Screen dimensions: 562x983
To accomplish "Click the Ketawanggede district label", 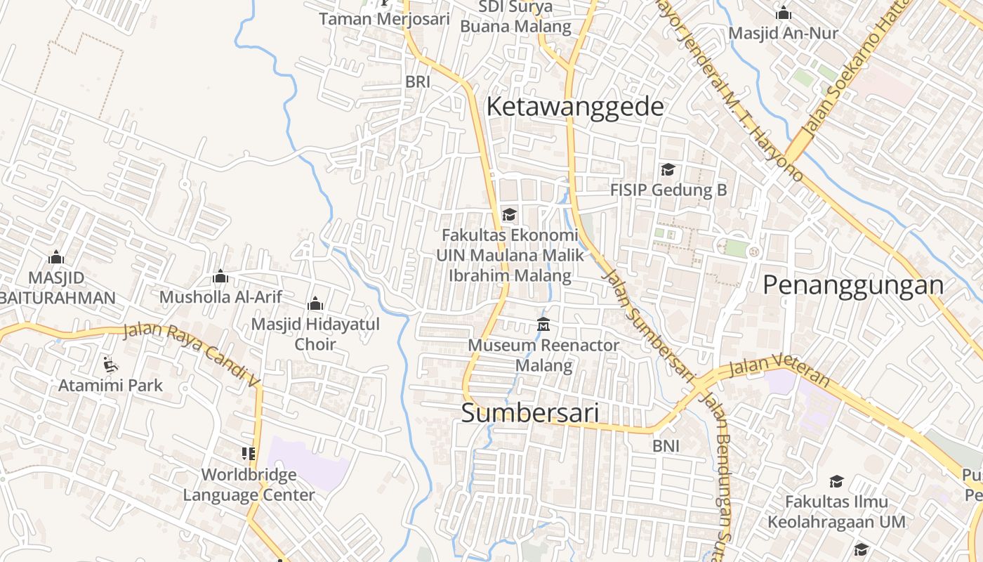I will [x=574, y=107].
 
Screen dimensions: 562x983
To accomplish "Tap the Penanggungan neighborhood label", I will [x=853, y=285].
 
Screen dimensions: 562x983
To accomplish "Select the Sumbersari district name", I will [x=530, y=413].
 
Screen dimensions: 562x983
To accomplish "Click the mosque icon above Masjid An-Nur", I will [x=783, y=13].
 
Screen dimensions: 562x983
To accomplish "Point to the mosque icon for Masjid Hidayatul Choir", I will [x=315, y=304].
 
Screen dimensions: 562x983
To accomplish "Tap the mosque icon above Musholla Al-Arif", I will [x=220, y=277].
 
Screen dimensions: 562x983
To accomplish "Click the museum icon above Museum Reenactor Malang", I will [x=543, y=325].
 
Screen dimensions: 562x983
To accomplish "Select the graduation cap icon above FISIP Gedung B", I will [x=668, y=170].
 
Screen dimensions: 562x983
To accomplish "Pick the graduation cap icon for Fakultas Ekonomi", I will [x=509, y=215].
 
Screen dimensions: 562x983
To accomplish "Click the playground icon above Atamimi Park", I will [x=110, y=364].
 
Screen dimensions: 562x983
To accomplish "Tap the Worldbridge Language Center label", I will [x=249, y=485].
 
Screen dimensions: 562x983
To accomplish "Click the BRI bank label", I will [x=417, y=82].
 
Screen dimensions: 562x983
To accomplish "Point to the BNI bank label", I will [x=666, y=446].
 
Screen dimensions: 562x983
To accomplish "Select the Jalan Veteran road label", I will [x=779, y=371].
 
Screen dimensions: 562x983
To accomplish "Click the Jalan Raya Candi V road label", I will [x=192, y=353].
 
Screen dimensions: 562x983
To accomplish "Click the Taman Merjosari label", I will [x=384, y=19].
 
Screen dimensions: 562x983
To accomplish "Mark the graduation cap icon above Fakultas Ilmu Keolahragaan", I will [x=836, y=481].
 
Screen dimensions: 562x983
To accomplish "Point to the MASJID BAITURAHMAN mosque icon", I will [x=56, y=258].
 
